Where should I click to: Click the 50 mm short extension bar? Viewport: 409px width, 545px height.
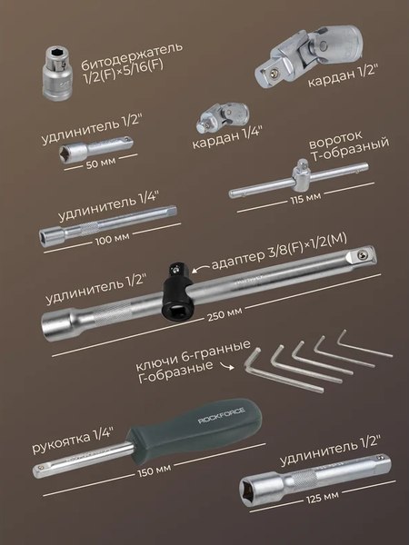95,150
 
